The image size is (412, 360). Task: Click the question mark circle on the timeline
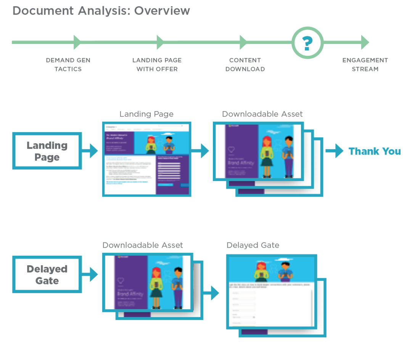pyautogui.click(x=307, y=42)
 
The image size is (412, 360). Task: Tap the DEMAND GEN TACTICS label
pyautogui.click(x=68, y=65)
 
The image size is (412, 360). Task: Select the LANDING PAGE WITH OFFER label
pyautogui.click(x=157, y=65)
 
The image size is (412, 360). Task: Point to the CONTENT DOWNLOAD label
pyautogui.click(x=245, y=65)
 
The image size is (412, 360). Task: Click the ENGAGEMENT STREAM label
pyautogui.click(x=365, y=65)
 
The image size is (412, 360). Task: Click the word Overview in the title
pyautogui.click(x=162, y=10)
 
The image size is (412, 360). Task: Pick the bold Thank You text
pyautogui.click(x=375, y=151)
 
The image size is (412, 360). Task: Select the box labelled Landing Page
pyautogui.click(x=47, y=151)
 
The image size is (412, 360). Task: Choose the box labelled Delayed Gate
pyautogui.click(x=47, y=275)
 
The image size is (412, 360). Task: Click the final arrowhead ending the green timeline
pyautogui.click(x=365, y=42)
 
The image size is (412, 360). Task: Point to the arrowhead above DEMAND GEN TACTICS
pyautogui.click(x=77, y=42)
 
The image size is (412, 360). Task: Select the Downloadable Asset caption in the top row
pyautogui.click(x=262, y=114)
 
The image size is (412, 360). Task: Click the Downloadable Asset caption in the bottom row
pyautogui.click(x=143, y=245)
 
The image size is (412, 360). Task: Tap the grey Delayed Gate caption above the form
pyautogui.click(x=253, y=245)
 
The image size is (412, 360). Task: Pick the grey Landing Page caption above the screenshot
pyautogui.click(x=146, y=114)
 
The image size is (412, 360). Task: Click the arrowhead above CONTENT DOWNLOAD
pyautogui.click(x=243, y=42)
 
